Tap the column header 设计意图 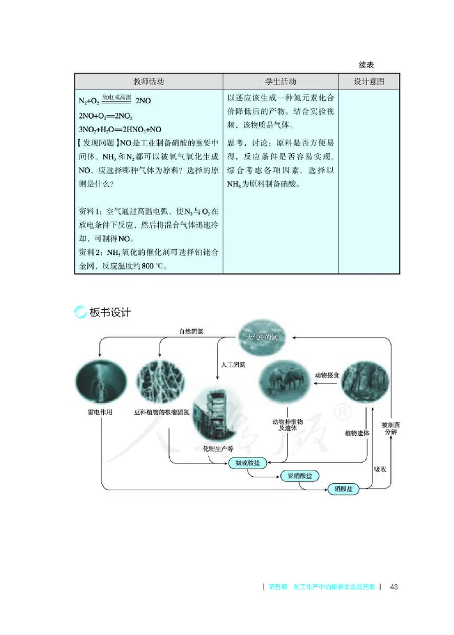click(369, 82)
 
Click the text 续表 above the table click(366, 66)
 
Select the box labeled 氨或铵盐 click(247, 463)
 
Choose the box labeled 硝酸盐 click(343, 489)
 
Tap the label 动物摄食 click(327, 375)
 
